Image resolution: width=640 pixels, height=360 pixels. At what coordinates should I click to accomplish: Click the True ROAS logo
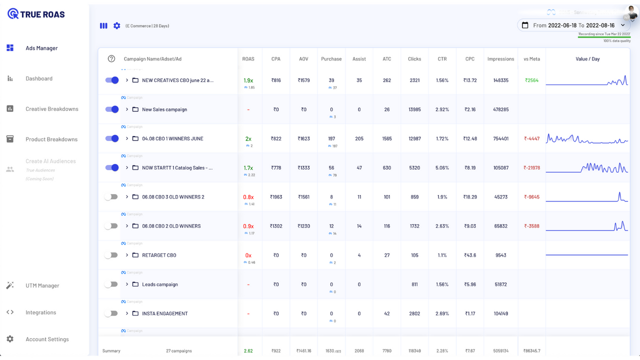click(x=36, y=14)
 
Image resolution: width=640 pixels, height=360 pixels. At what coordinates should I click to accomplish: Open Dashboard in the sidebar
click(x=39, y=78)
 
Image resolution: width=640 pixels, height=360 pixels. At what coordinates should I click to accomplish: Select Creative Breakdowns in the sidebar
click(x=51, y=109)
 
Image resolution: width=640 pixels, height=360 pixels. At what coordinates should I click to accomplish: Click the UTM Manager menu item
click(x=42, y=285)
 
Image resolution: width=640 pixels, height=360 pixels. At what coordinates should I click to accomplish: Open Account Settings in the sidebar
click(x=47, y=339)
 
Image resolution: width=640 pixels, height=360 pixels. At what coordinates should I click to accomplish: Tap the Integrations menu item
click(x=40, y=312)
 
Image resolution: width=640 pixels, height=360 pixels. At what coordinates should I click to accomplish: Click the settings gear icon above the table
click(x=116, y=25)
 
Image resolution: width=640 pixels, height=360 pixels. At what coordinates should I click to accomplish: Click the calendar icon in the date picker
click(x=525, y=25)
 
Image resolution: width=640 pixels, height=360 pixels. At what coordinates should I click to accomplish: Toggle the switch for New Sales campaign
click(x=112, y=109)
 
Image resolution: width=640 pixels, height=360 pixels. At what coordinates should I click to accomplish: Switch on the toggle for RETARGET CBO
click(x=111, y=255)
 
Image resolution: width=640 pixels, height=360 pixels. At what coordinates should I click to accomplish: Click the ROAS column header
click(x=248, y=59)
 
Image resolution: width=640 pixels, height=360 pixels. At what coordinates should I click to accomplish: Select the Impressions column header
click(x=500, y=59)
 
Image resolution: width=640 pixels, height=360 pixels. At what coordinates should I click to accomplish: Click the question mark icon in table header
click(x=111, y=59)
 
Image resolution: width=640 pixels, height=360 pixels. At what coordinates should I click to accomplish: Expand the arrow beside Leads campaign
click(x=127, y=284)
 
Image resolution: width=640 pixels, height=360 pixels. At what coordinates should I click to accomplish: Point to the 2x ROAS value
click(x=248, y=138)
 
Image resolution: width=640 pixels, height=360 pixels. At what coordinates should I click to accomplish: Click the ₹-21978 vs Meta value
click(x=531, y=168)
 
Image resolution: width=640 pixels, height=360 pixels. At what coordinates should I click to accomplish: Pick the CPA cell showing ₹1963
click(x=276, y=197)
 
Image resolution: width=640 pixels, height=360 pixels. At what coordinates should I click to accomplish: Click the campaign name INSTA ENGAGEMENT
click(x=164, y=313)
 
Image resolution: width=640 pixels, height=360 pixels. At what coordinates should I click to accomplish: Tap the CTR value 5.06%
click(x=442, y=168)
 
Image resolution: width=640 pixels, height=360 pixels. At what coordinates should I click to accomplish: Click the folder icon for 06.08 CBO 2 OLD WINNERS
click(x=135, y=226)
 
